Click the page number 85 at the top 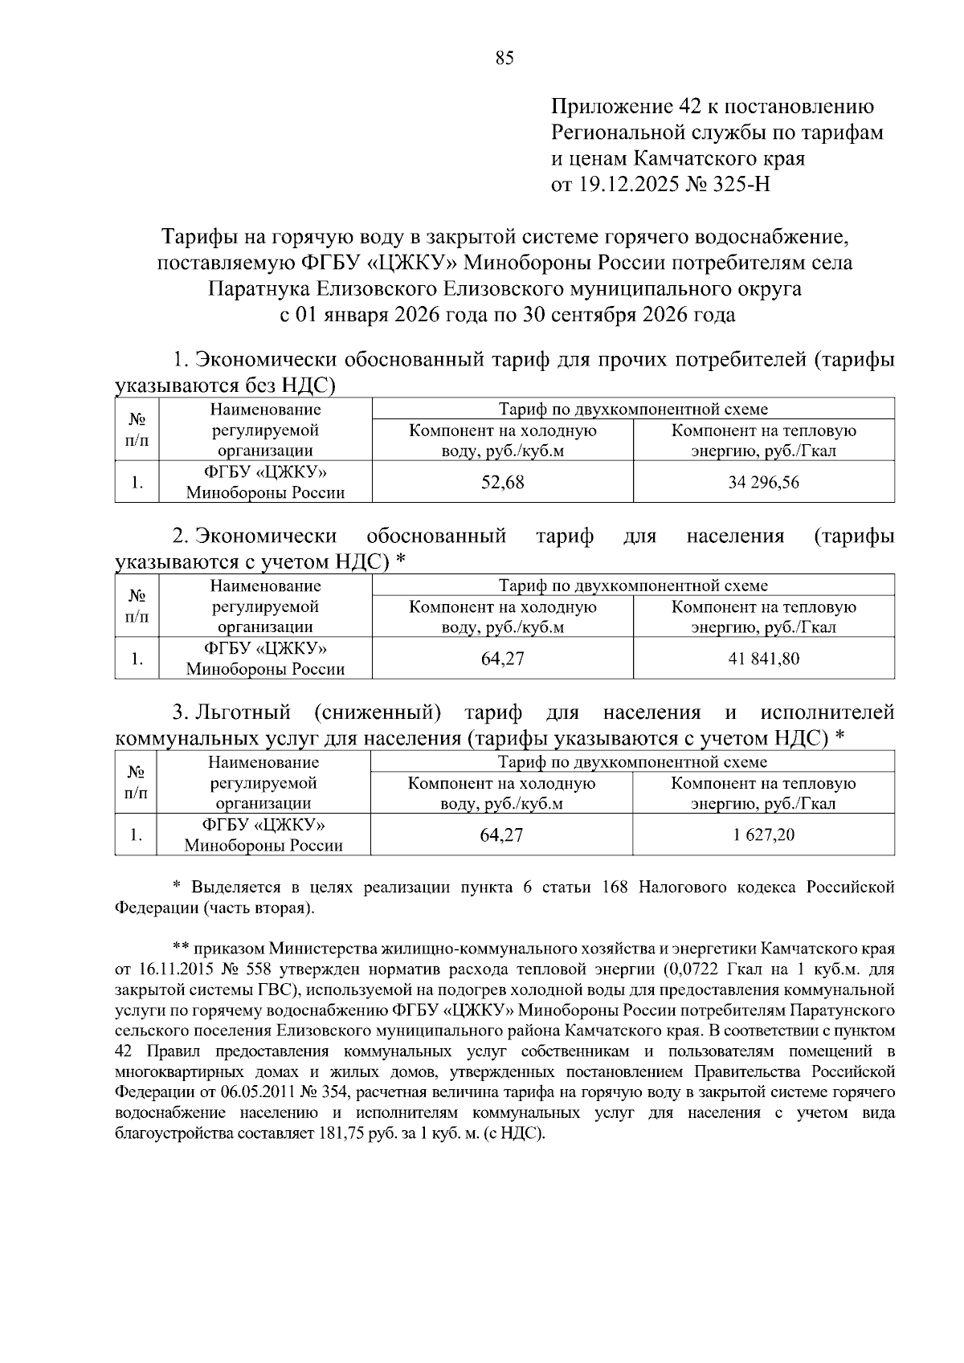coord(504,58)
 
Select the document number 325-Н coord(738,185)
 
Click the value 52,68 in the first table coord(502,482)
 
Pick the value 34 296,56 coord(763,482)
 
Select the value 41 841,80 coord(763,659)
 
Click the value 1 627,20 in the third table coord(763,835)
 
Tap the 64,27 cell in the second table coord(502,659)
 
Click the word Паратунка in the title coord(255,288)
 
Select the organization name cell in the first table coord(266,482)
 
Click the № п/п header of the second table coord(137,607)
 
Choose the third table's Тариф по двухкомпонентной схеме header coord(632,761)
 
